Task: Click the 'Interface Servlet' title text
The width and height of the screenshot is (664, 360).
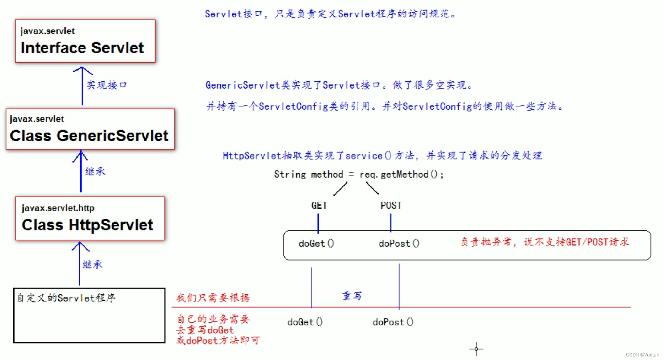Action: (x=82, y=48)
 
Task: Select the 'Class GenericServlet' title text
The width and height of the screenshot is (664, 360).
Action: (x=89, y=136)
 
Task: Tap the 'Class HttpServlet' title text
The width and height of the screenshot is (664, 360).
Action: (x=87, y=225)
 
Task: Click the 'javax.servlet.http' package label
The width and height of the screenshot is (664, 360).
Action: (x=58, y=208)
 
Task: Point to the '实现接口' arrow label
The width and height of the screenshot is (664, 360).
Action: (x=107, y=85)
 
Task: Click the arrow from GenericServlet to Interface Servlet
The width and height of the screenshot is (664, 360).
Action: (x=82, y=86)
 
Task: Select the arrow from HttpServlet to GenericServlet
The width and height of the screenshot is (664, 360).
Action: (x=81, y=172)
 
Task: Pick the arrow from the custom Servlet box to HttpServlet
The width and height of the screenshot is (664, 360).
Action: (x=80, y=263)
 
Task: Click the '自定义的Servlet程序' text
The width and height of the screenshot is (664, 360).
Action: (x=66, y=298)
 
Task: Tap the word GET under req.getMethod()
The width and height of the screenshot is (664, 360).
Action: (x=319, y=206)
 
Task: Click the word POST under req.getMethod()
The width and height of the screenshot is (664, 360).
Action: (x=391, y=206)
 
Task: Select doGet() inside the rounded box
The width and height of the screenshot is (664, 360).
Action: (x=316, y=244)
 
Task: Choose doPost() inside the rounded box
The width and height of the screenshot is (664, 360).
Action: (x=399, y=244)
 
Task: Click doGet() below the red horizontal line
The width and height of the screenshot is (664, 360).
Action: (x=305, y=322)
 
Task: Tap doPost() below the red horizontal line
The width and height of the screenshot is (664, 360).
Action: (x=393, y=322)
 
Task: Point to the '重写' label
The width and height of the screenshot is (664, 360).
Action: (x=352, y=296)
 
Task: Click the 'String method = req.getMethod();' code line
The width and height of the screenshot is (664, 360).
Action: (x=358, y=174)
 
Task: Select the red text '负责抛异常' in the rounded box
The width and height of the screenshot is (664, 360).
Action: (x=486, y=242)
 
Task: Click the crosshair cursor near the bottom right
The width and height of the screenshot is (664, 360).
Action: (x=476, y=349)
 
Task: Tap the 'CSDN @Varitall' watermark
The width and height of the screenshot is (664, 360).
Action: (x=642, y=355)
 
